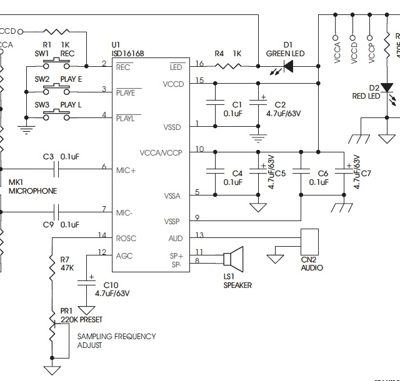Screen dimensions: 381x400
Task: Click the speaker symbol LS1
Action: click(235, 259)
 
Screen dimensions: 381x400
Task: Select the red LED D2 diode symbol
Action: click(387, 87)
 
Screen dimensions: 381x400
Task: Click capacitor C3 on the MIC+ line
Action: click(58, 167)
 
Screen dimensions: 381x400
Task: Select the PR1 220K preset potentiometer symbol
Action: click(52, 334)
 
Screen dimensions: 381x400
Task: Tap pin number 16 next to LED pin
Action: click(199, 64)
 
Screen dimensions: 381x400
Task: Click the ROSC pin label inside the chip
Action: click(126, 238)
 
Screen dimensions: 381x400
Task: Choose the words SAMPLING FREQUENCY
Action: click(116, 337)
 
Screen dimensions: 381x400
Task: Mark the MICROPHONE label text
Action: click(32, 191)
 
